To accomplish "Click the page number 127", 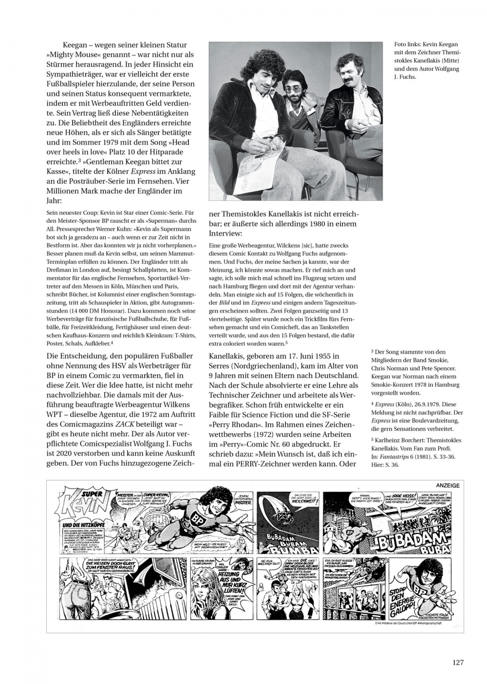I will point(457,662).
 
